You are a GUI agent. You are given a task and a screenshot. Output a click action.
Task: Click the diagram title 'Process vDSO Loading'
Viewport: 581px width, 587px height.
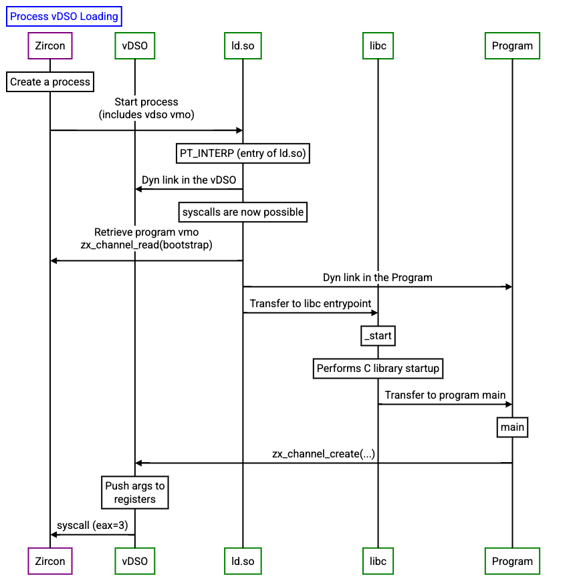64,17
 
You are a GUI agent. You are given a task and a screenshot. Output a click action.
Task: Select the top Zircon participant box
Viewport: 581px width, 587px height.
50,46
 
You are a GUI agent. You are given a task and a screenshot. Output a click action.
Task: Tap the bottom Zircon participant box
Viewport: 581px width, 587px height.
50,561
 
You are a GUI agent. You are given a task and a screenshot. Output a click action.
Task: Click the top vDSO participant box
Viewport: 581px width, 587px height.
135,46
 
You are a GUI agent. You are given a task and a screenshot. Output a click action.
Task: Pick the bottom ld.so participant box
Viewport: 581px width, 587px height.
243,561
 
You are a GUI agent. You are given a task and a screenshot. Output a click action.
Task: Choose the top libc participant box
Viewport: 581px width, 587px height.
378,46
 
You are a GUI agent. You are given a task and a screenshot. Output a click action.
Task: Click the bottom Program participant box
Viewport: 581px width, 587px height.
512,561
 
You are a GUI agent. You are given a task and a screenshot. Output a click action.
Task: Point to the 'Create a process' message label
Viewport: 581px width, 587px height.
50,82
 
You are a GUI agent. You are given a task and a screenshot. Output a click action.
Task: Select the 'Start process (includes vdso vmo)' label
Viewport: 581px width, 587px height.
146,108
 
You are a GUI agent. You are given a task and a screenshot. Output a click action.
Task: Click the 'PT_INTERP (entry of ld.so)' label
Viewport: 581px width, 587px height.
243,154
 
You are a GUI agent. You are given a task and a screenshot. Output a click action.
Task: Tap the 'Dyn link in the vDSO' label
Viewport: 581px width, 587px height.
189,180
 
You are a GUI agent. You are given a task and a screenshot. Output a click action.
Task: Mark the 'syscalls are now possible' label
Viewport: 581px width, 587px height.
243,212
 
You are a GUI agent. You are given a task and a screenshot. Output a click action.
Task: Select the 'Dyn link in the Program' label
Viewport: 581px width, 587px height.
377,277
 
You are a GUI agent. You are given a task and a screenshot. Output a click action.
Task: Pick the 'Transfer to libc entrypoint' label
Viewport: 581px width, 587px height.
310,303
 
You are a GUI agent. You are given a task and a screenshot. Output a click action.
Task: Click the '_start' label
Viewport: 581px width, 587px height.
378,336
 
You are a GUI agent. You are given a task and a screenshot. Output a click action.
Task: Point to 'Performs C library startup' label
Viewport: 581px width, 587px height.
378,368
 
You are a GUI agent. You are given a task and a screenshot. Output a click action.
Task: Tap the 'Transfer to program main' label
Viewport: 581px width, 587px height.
445,395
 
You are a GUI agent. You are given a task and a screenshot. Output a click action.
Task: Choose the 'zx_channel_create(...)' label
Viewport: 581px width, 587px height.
324,454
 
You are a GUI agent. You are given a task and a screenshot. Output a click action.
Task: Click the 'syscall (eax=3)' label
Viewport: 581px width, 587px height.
92,526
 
